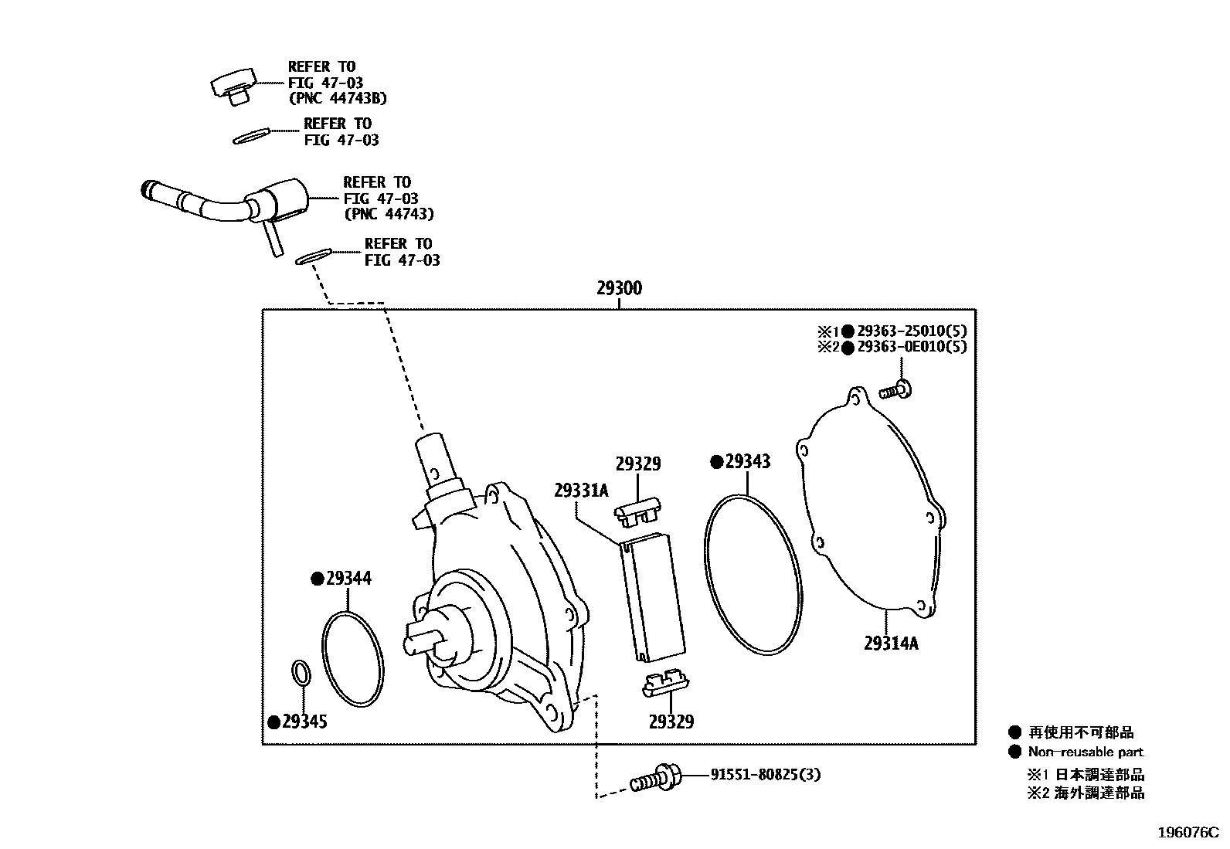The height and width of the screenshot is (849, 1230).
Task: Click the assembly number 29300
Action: [x=619, y=289]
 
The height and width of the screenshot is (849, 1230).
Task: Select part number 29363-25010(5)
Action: [x=912, y=331]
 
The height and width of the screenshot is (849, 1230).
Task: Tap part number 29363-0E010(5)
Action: [x=912, y=348]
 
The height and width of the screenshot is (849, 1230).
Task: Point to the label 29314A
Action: [x=891, y=643]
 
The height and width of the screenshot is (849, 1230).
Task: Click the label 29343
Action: [x=748, y=461]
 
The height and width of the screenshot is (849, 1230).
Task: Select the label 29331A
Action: [x=581, y=491]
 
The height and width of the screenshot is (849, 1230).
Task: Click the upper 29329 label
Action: [x=638, y=464]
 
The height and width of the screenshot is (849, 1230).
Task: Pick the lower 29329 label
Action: [x=671, y=722]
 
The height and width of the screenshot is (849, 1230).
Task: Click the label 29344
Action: [x=348, y=578]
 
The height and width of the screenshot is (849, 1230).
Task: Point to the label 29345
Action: [x=304, y=722]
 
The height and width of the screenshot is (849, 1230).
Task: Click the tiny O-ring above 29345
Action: [x=301, y=671]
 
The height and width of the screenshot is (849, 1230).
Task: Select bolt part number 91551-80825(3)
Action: [x=765, y=773]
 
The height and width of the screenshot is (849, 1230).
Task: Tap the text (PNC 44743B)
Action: [x=338, y=98]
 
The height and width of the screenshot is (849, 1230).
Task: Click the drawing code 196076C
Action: [x=1188, y=833]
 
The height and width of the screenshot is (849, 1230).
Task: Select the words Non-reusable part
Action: [x=1085, y=752]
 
